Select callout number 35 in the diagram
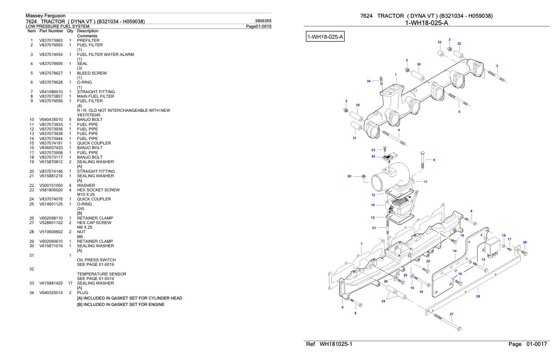click(x=373, y=156)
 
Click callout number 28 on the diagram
click(x=477, y=296)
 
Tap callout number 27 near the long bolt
click(x=452, y=314)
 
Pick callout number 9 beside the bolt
click(x=434, y=160)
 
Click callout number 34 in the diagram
click(x=369, y=81)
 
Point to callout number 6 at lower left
click(x=343, y=307)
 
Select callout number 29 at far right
click(x=525, y=242)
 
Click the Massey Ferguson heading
click(x=45, y=16)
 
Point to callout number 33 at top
click(x=439, y=42)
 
